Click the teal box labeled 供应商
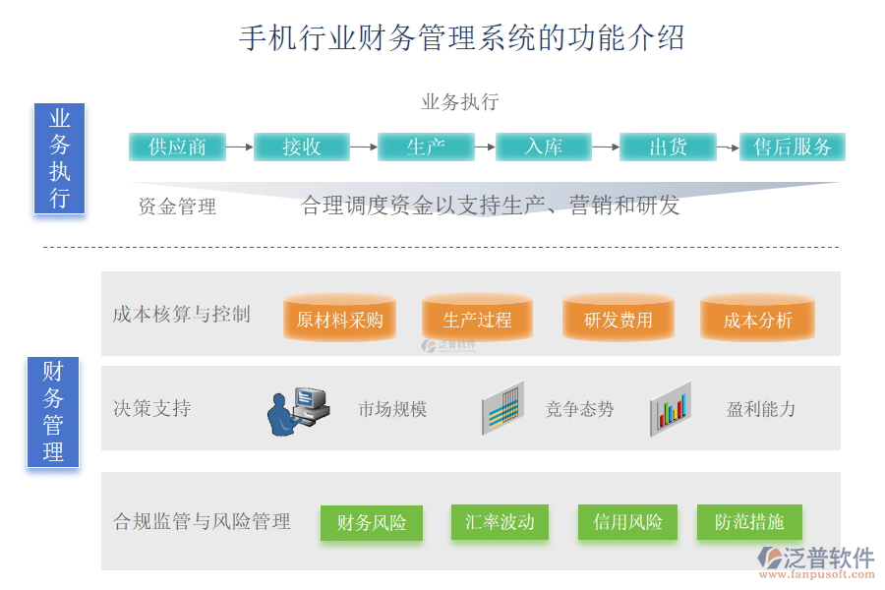177,147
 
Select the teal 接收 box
302,147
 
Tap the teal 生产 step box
426,147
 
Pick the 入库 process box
544,147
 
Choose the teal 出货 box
668,147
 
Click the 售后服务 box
793,147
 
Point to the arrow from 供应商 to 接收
239,147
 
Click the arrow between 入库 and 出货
605,147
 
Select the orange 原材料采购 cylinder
339,320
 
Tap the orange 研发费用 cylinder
618,320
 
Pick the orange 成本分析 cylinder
757,320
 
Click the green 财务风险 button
371,522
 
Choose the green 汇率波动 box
500,522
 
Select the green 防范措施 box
749,522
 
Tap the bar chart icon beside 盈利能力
671,409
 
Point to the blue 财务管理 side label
52,411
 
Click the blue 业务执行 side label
59,158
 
